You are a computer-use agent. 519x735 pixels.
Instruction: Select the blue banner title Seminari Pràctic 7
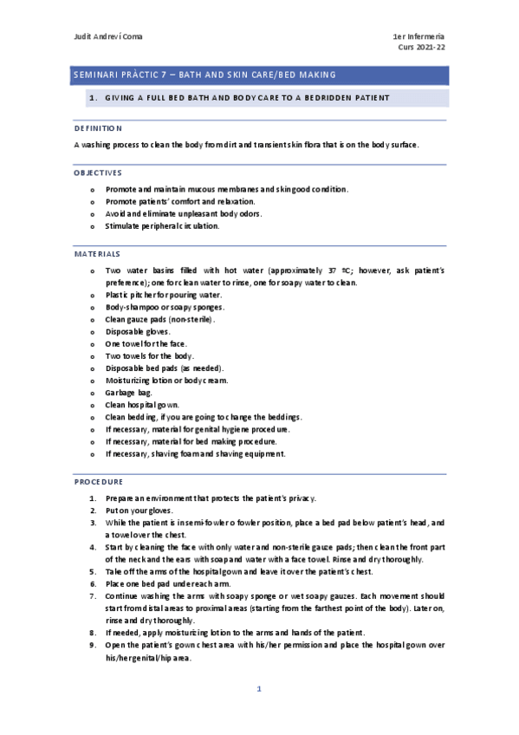(x=204, y=75)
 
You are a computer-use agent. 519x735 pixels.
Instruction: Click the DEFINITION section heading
(x=98, y=128)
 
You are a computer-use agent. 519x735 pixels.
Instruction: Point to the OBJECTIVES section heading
(x=98, y=172)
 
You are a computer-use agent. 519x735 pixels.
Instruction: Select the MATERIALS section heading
(x=97, y=253)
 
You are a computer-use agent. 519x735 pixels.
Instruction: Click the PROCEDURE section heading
(x=99, y=481)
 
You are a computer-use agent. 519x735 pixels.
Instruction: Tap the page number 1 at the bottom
(x=258, y=689)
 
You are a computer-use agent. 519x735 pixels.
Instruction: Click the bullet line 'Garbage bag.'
(x=128, y=392)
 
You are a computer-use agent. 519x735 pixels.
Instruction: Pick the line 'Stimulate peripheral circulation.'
(x=162, y=225)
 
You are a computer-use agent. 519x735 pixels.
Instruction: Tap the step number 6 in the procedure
(x=93, y=584)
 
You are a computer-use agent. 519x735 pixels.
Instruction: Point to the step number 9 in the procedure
(x=93, y=645)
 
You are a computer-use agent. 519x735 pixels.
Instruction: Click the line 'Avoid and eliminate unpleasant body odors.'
(x=183, y=213)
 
